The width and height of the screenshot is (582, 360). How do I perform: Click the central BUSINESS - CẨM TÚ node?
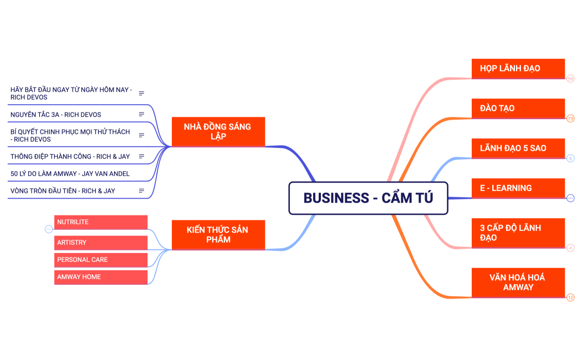pyautogui.click(x=368, y=198)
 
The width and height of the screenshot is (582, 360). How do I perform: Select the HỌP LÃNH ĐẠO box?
pyautogui.click(x=518, y=69)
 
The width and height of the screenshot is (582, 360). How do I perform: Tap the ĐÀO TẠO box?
pyautogui.click(x=518, y=109)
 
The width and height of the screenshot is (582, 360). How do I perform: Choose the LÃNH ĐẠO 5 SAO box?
pyautogui.click(x=518, y=148)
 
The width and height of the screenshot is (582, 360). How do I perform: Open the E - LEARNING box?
pyautogui.click(x=518, y=188)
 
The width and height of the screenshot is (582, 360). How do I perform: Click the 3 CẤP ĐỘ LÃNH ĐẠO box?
pyautogui.click(x=518, y=233)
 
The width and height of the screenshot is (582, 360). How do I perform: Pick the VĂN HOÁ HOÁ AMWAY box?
pyautogui.click(x=518, y=282)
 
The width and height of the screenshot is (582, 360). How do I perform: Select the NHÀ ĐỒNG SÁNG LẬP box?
pyautogui.click(x=218, y=132)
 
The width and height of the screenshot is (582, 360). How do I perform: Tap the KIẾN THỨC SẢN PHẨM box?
pyautogui.click(x=218, y=235)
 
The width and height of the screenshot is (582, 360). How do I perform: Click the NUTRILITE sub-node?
pyautogui.click(x=100, y=222)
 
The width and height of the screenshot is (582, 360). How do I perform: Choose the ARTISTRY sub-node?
pyautogui.click(x=100, y=243)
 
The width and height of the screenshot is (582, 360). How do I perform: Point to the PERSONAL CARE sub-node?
pyautogui.click(x=100, y=260)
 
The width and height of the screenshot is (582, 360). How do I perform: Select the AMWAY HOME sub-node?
pyautogui.click(x=100, y=277)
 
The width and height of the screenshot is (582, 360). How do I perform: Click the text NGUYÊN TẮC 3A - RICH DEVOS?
pyautogui.click(x=55, y=115)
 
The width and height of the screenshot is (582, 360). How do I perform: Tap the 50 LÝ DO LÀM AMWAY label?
pyautogui.click(x=70, y=174)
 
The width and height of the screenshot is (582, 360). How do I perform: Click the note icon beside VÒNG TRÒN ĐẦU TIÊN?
pyautogui.click(x=141, y=191)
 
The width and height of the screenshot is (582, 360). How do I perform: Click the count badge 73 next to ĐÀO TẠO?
pyautogui.click(x=570, y=119)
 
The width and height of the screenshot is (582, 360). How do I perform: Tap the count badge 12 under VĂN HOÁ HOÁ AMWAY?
pyautogui.click(x=570, y=297)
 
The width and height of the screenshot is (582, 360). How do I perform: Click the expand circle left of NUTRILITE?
pyautogui.click(x=48, y=229)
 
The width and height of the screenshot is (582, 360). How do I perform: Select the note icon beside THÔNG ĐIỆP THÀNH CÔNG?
pyautogui.click(x=141, y=157)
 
